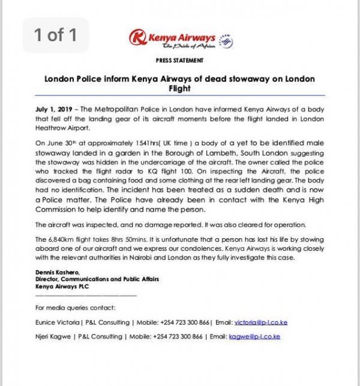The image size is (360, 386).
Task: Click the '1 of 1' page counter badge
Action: (x=55, y=35)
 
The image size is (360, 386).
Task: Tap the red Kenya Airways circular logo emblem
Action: (x=138, y=38)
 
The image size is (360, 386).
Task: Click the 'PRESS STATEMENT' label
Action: (x=179, y=61)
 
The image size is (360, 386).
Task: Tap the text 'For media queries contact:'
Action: (x=70, y=308)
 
